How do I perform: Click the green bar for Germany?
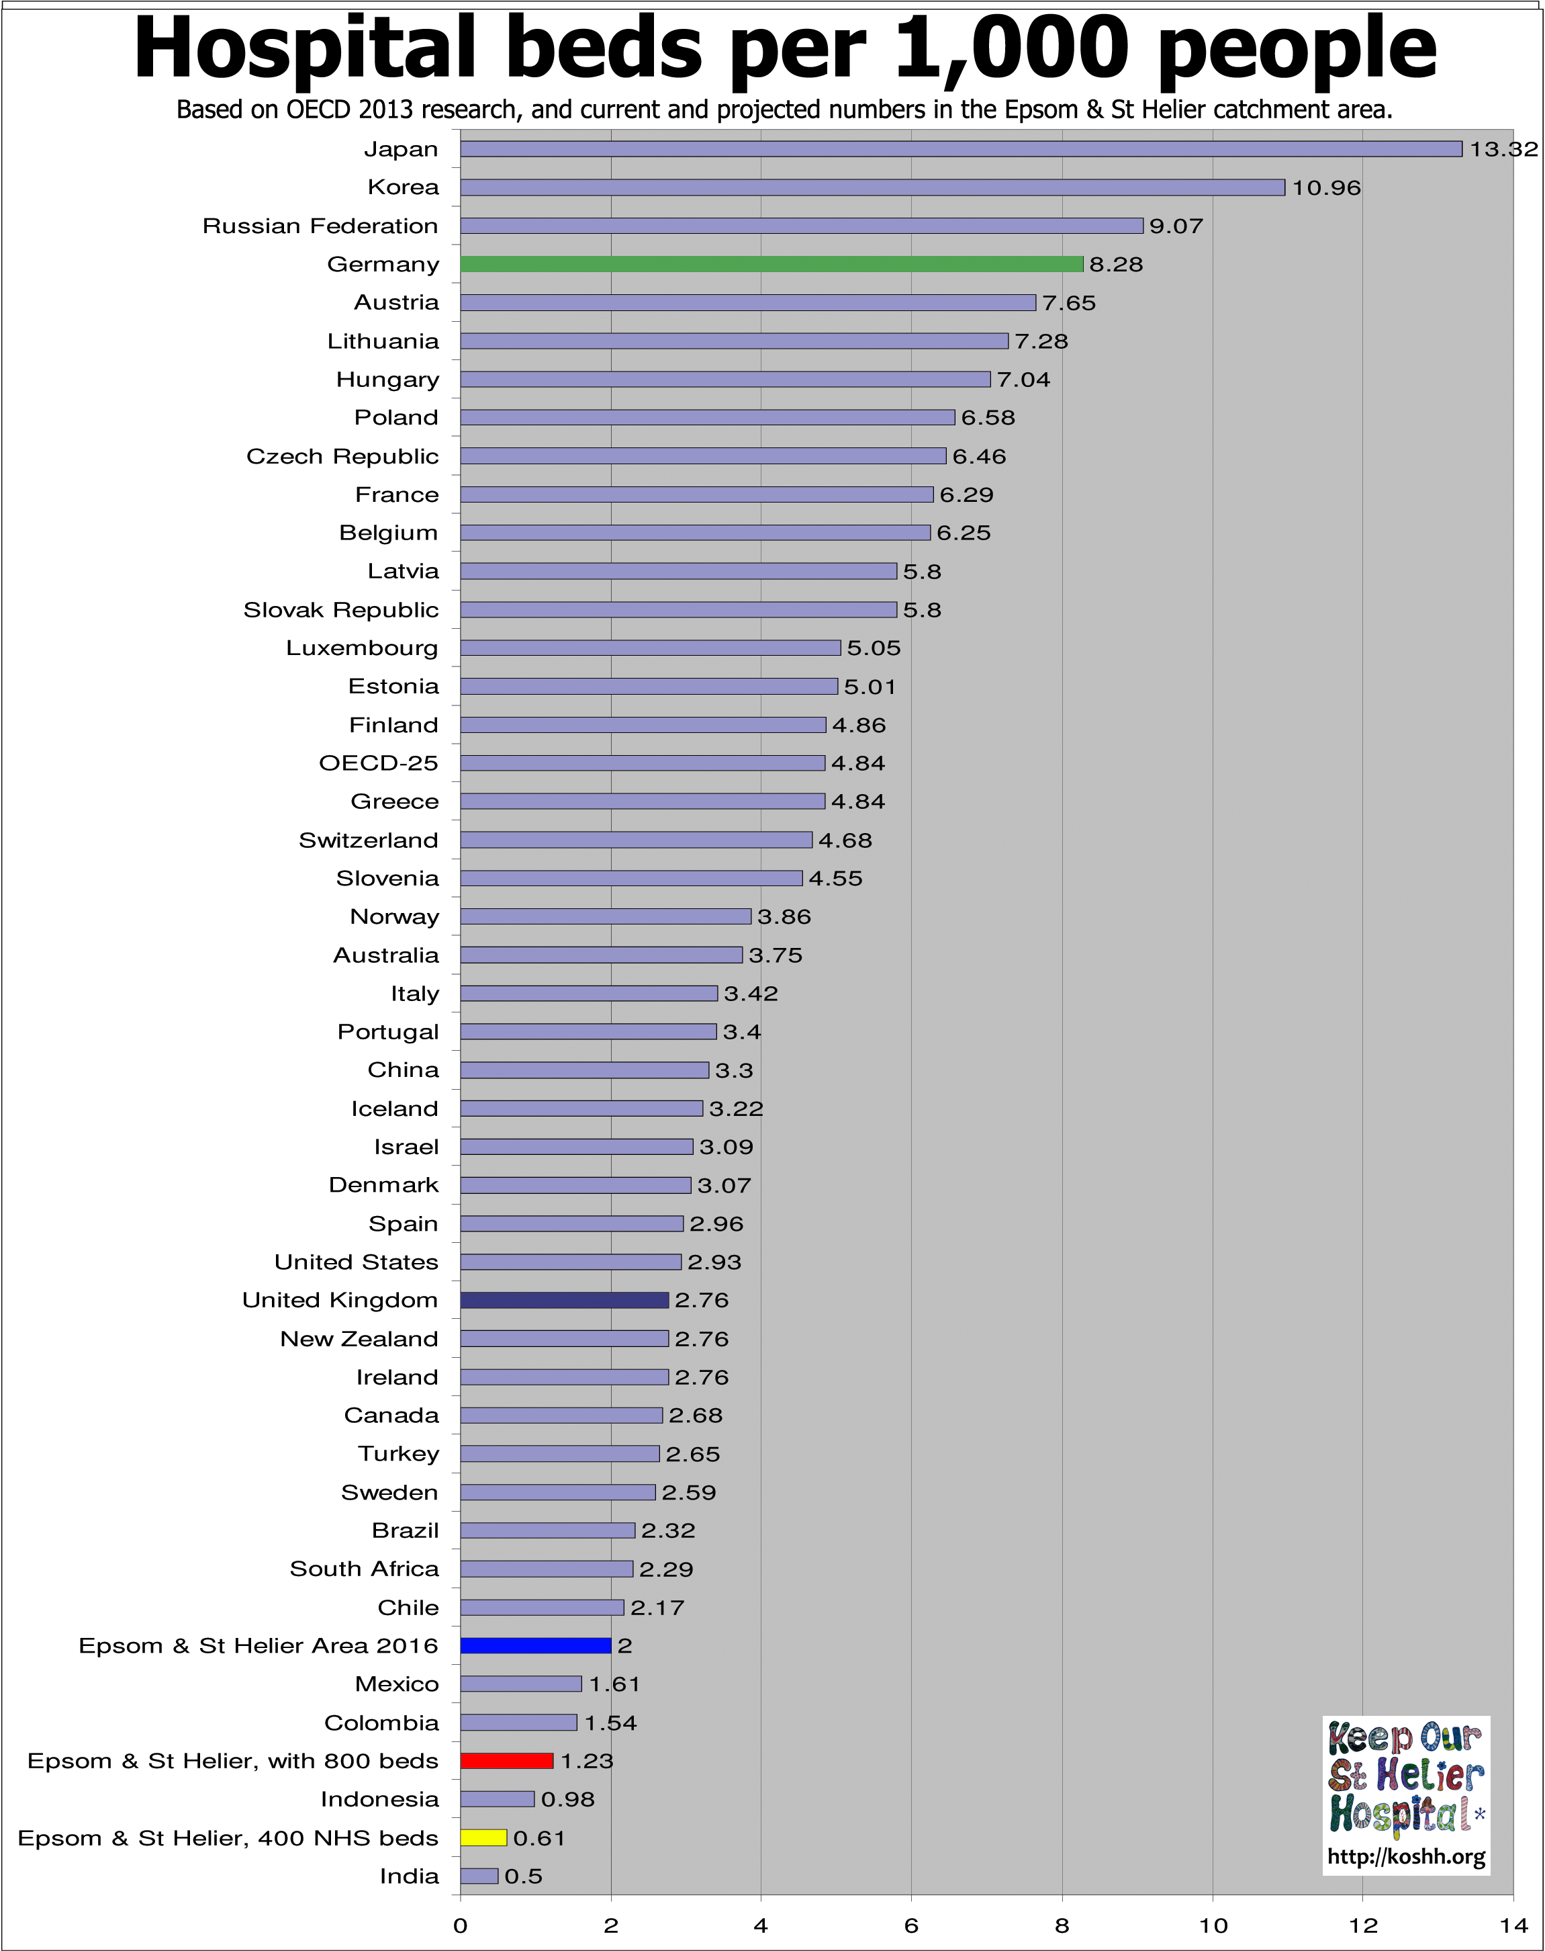(x=771, y=264)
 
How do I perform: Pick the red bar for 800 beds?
(x=506, y=1760)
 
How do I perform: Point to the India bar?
(x=479, y=1876)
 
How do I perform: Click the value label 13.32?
(x=1503, y=149)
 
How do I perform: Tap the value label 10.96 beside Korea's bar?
(x=1325, y=187)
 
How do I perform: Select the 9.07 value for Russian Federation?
(x=1175, y=226)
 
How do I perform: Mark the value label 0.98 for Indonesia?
(x=567, y=1799)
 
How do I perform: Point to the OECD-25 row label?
(x=378, y=763)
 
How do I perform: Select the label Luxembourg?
(x=362, y=648)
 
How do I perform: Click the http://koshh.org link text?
(x=1406, y=1857)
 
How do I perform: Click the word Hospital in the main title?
(x=305, y=50)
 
